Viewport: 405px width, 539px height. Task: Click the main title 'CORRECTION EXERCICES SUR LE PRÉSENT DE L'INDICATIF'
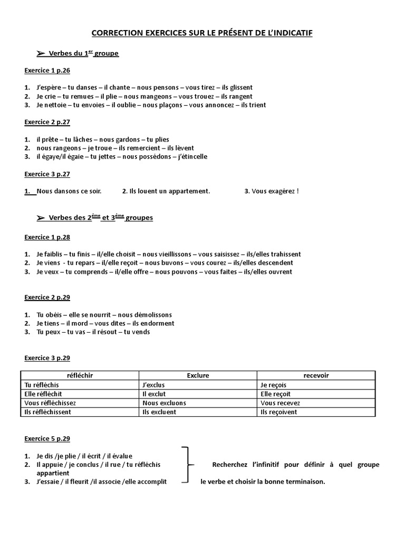pyautogui.click(x=202, y=33)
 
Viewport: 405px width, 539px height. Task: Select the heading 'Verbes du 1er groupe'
pyautogui.click(x=83, y=54)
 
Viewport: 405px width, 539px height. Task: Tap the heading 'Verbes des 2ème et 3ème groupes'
pyautogui.click(x=100, y=217)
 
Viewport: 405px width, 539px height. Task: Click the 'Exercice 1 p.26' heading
pyautogui.click(x=47, y=70)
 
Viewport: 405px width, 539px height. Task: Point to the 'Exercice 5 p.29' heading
pyautogui.click(x=47, y=438)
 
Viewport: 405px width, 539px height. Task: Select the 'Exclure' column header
pyautogui.click(x=198, y=375)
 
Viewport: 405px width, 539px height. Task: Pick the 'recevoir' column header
pyautogui.click(x=316, y=375)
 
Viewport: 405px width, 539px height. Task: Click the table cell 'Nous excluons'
pyautogui.click(x=164, y=403)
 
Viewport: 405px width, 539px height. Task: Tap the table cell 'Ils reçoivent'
pyautogui.click(x=279, y=412)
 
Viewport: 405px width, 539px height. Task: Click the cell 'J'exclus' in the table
pyautogui.click(x=154, y=385)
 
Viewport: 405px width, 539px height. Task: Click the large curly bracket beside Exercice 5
pyautogui.click(x=186, y=464)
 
